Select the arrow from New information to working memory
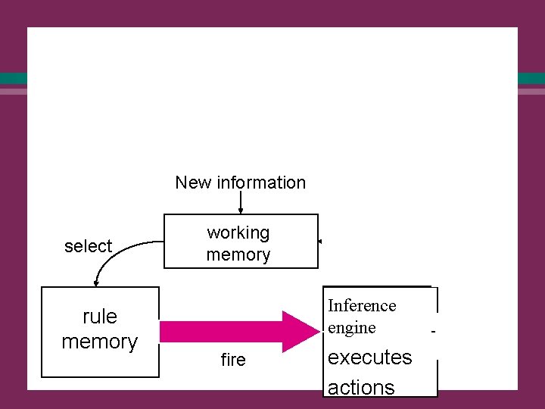[x=241, y=203]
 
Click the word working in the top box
[x=238, y=233]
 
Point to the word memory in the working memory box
[x=238, y=254]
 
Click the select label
[x=88, y=246]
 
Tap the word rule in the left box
[x=100, y=316]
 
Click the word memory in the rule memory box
[x=100, y=342]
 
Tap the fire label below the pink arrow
[x=233, y=361]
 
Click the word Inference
[x=362, y=305]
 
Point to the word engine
[x=351, y=327]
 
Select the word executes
[x=370, y=357]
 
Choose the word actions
[x=361, y=387]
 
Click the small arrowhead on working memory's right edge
[x=321, y=242]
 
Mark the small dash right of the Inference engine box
[x=434, y=332]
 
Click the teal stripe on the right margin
[x=531, y=78]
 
